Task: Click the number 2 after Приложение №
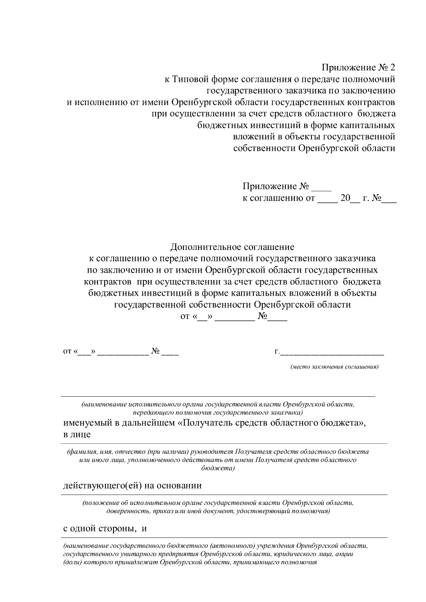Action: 392,67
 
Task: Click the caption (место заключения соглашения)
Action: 334,367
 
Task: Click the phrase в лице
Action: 77,434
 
